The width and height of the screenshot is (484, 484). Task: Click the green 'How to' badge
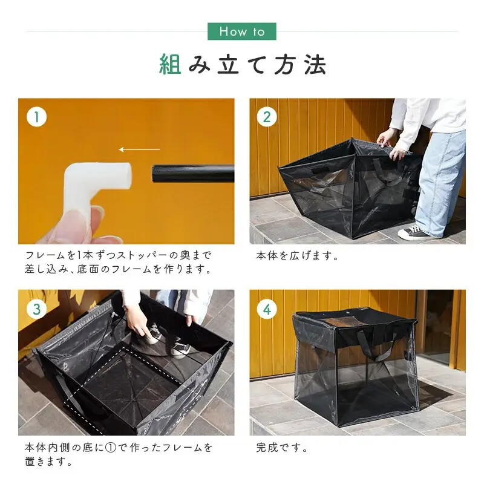[x=241, y=31]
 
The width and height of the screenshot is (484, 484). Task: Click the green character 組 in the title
[x=170, y=65]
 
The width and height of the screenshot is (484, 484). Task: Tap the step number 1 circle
[x=37, y=117]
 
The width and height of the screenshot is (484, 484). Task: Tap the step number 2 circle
[x=267, y=117]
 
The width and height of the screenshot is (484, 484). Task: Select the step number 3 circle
[x=37, y=309]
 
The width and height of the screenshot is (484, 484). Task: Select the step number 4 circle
[x=267, y=309]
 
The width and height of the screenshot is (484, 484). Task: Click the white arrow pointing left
[x=140, y=149]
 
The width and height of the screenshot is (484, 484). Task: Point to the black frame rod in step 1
[x=193, y=174]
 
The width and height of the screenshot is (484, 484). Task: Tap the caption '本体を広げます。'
[x=298, y=256]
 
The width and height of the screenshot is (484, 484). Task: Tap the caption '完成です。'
[x=282, y=448]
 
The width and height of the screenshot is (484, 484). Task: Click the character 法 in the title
[x=315, y=65]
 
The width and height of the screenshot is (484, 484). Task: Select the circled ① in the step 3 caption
[x=111, y=448]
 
